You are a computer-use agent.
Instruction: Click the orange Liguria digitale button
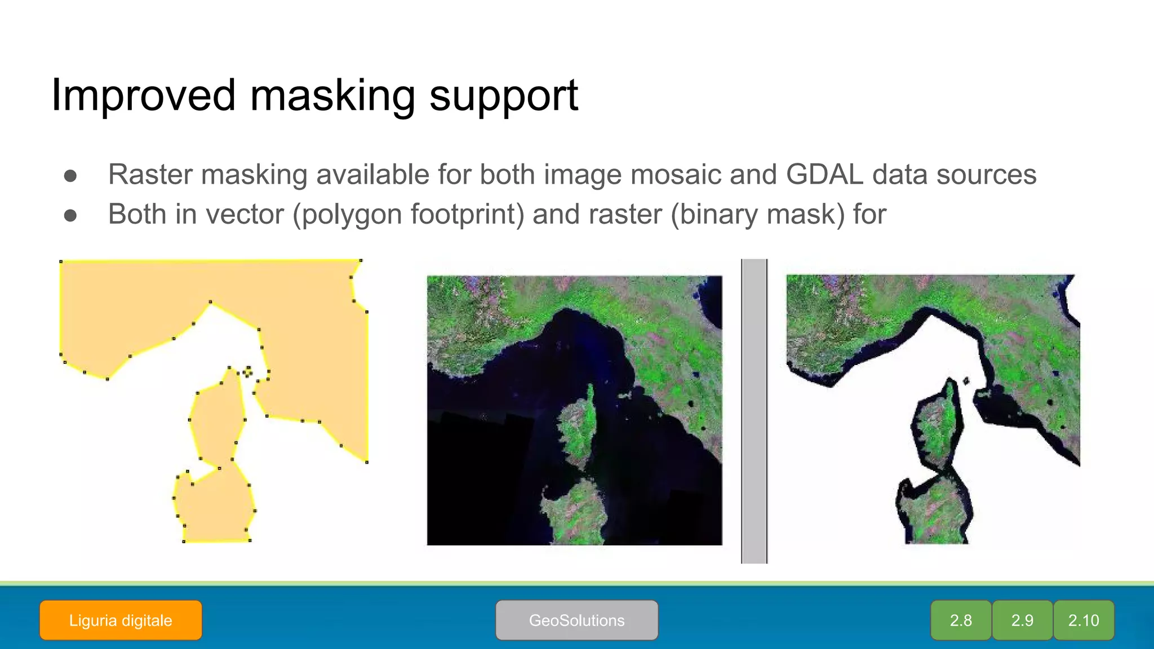[121, 620]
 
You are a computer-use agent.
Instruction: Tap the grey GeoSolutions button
[576, 620]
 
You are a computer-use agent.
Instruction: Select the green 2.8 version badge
[961, 620]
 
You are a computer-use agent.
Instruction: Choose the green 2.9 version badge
[1022, 620]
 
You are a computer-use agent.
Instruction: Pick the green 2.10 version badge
[1084, 620]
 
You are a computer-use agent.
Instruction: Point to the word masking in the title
[332, 96]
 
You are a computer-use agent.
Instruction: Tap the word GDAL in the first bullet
[824, 174]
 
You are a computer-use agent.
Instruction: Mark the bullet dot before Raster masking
[70, 176]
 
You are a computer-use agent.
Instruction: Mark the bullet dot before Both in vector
[70, 216]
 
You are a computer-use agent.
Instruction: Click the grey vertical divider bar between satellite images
[754, 411]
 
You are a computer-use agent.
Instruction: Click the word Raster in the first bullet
[150, 174]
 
